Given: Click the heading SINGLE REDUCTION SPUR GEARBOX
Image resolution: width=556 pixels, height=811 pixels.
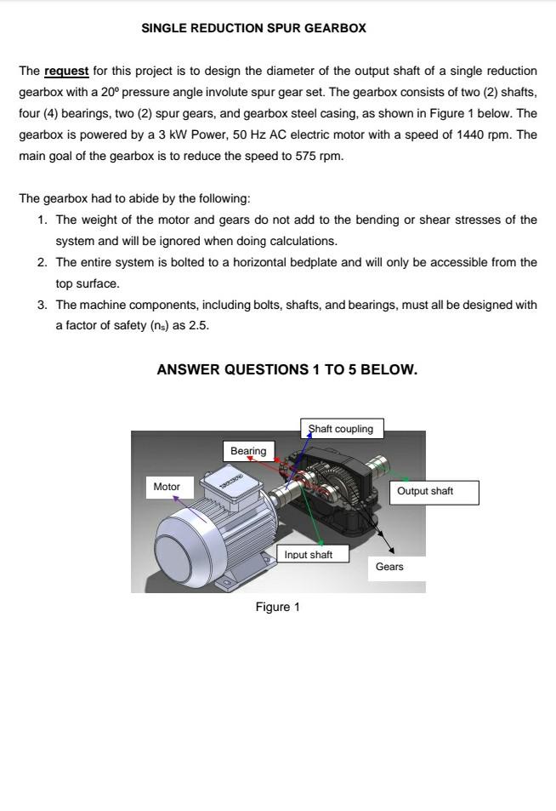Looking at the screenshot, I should point(253,28).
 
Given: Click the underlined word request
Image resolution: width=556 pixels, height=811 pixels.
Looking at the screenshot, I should point(66,71).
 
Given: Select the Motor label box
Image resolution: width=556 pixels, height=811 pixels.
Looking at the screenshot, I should point(167,487).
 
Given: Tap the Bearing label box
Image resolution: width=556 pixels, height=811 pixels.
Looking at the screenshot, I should point(248,451).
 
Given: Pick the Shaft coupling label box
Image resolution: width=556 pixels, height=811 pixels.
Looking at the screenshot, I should point(341,429).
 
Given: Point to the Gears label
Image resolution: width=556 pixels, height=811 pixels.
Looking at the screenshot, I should point(389,567).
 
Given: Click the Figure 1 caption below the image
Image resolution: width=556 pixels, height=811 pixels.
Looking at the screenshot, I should point(277,607).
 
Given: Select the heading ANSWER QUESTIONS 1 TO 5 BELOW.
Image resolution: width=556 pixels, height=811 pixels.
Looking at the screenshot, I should point(287,370).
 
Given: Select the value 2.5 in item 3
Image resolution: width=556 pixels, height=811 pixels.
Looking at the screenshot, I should point(199,326).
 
